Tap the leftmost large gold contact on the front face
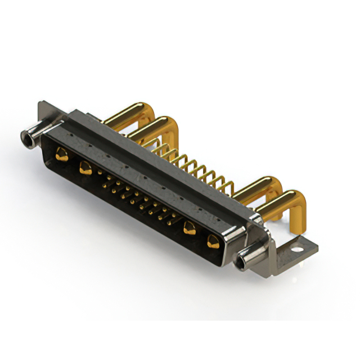click(62, 154)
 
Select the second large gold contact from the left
click(85, 166)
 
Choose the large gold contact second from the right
click(190, 228)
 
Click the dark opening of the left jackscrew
click(24, 136)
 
